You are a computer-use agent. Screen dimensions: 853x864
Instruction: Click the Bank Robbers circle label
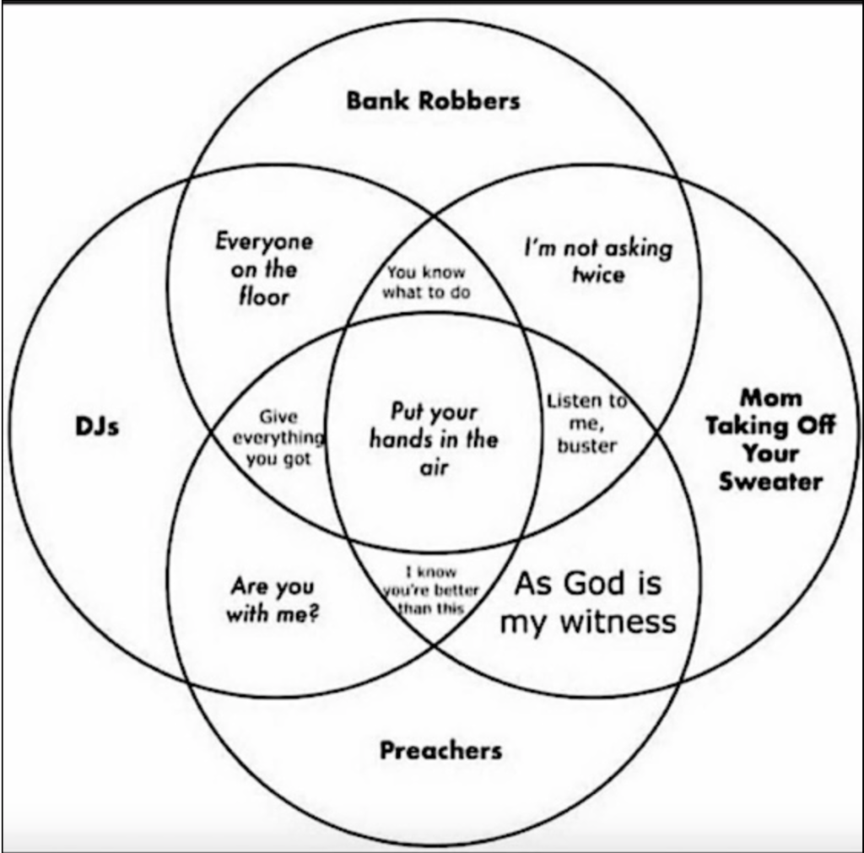[433, 101]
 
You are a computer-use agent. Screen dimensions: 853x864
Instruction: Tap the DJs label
[97, 426]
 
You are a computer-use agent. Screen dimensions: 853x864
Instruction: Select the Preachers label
[440, 749]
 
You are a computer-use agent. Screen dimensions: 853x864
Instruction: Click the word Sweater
[770, 482]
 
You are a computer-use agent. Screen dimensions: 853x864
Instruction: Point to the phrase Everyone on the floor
[263, 269]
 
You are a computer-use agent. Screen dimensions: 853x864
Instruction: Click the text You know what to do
[426, 283]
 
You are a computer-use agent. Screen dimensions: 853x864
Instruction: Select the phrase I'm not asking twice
[598, 261]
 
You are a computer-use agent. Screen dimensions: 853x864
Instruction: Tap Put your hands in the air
[434, 440]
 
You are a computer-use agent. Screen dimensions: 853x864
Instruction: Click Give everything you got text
[278, 438]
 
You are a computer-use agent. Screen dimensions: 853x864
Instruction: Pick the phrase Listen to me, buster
[586, 423]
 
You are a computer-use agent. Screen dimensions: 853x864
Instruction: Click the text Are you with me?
[272, 599]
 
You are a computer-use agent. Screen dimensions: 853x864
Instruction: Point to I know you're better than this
[431, 591]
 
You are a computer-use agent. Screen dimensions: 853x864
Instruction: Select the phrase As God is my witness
[588, 602]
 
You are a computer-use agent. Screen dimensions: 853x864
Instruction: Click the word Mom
[770, 397]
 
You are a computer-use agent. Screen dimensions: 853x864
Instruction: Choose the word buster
[586, 445]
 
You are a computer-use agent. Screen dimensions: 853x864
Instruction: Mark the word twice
[598, 275]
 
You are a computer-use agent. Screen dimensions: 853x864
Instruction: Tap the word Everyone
[263, 242]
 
